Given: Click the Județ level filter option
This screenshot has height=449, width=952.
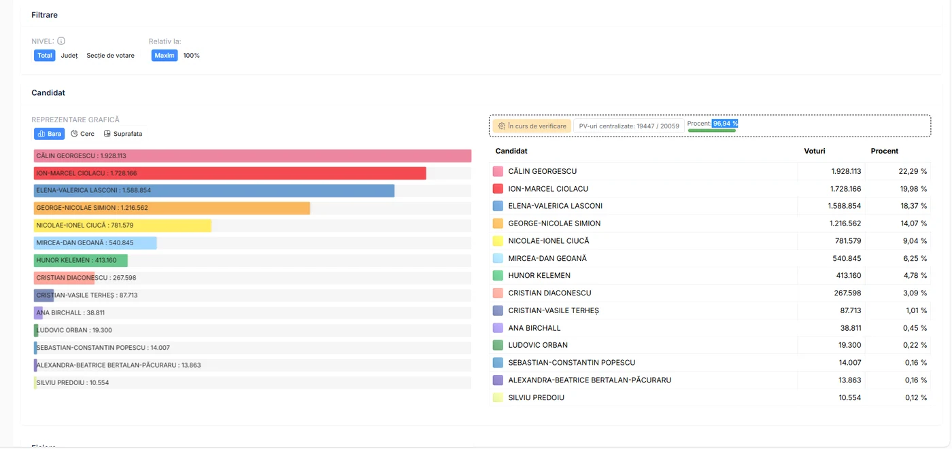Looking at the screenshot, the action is point(69,56).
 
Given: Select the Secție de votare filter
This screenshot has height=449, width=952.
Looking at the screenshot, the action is point(110,56).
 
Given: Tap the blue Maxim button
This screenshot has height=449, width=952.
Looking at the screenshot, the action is point(165,56).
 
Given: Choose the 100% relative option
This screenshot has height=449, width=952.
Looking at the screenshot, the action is point(191,56).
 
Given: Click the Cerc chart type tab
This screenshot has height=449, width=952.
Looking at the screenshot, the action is point(82,134).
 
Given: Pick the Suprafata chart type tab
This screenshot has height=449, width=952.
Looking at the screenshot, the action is point(123,134).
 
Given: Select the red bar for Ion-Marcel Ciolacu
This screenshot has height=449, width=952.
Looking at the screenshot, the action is point(230,173).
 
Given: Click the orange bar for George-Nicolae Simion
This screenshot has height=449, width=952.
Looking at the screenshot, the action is point(172,208).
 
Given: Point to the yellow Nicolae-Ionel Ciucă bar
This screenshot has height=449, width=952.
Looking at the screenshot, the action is point(123,226).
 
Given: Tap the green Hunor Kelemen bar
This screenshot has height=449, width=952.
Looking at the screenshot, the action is point(81,260).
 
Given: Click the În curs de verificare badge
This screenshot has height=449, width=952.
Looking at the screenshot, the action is point(532,126).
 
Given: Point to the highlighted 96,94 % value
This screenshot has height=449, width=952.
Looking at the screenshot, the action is point(725,124).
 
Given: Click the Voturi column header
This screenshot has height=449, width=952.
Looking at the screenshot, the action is point(815,151).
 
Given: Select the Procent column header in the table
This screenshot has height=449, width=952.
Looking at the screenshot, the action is point(885,151).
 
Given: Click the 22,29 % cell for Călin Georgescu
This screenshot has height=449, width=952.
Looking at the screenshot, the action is point(913,171).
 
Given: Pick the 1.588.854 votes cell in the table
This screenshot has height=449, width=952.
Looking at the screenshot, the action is point(844,206).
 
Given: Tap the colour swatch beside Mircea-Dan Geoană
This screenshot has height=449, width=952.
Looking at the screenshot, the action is point(498,258).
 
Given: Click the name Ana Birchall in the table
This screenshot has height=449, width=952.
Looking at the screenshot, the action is point(534,328).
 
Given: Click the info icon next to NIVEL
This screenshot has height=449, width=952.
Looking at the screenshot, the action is point(61,41).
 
